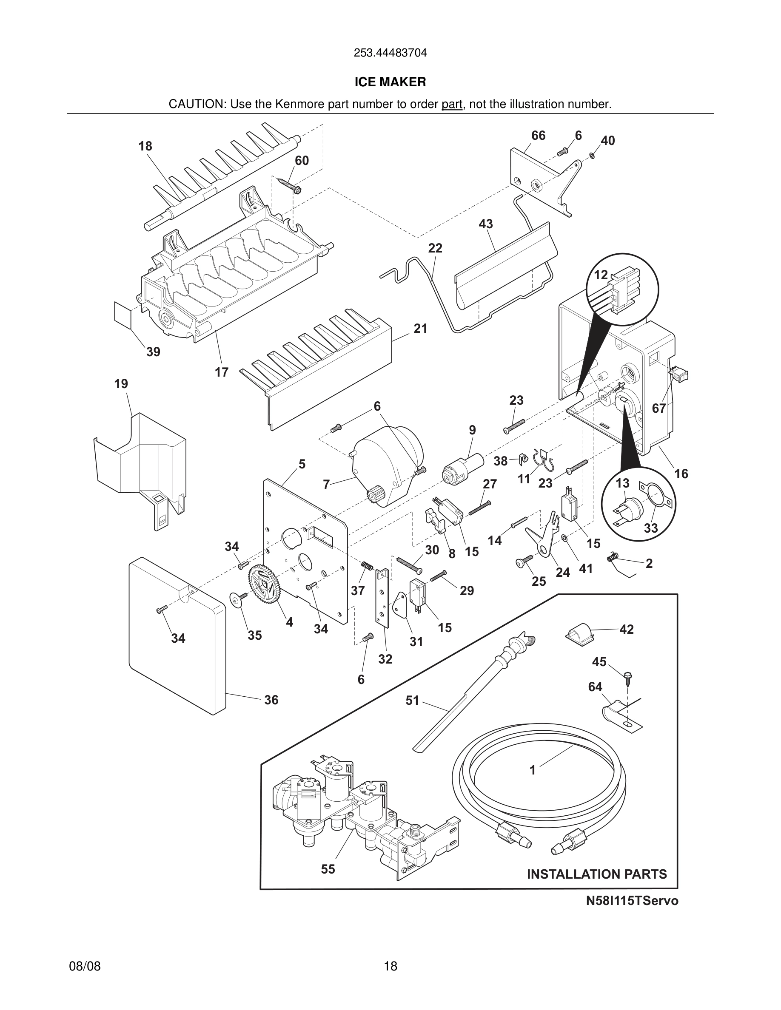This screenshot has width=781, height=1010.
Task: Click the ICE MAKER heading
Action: coord(390,82)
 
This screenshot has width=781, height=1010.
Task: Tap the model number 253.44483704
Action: coord(390,53)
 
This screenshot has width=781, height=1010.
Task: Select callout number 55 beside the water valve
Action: coord(328,869)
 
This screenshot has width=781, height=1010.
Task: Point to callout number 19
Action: coord(121,383)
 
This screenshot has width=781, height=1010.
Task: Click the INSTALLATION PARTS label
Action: coord(597,874)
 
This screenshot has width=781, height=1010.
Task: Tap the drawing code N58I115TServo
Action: coord(632,901)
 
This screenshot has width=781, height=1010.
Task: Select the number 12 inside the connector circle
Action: coord(601,275)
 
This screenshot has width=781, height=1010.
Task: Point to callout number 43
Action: coord(485,224)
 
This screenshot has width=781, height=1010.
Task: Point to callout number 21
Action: coord(420,329)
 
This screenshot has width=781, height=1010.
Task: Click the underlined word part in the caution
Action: coord(452,105)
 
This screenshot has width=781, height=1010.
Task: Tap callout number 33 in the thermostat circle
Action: coord(650,528)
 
